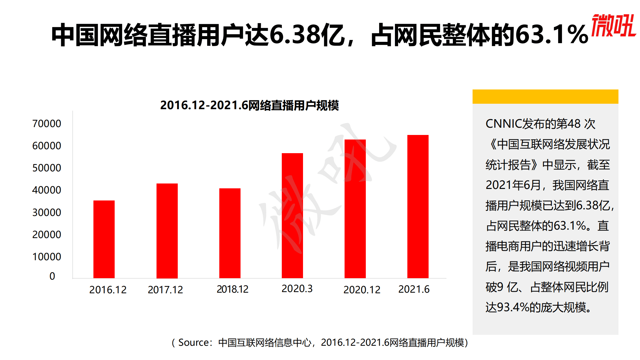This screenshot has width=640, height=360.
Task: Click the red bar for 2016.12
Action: point(104,239)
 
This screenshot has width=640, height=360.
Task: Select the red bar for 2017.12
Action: point(167,231)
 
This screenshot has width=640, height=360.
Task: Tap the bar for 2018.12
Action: point(230,233)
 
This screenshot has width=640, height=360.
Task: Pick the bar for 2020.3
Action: point(292,216)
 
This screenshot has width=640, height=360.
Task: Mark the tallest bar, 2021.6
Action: point(418,207)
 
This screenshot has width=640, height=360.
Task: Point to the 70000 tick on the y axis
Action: point(47,124)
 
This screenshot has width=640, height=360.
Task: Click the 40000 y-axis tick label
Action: point(47,190)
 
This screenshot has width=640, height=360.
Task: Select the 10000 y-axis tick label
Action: point(47,257)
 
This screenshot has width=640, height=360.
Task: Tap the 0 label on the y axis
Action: point(52,276)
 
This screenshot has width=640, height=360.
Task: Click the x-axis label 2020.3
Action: point(297,289)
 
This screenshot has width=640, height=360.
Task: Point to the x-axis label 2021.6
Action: point(414,289)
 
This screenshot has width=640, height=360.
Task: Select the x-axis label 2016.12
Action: point(108,290)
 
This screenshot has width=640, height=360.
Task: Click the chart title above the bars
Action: point(249,105)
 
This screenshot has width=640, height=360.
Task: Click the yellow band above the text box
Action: point(545,96)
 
